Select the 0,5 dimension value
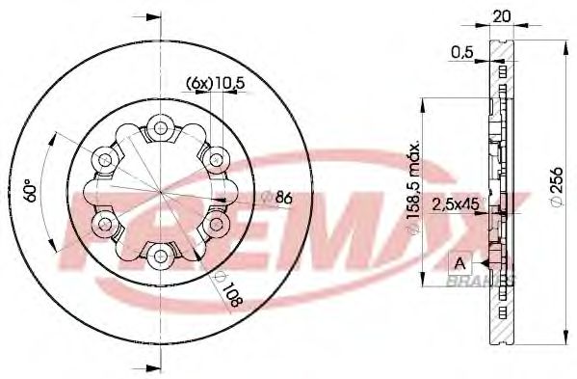tap(463, 53)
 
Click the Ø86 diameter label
tap(277, 198)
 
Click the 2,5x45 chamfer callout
tap(455, 203)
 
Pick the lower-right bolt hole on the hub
tap(213, 222)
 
